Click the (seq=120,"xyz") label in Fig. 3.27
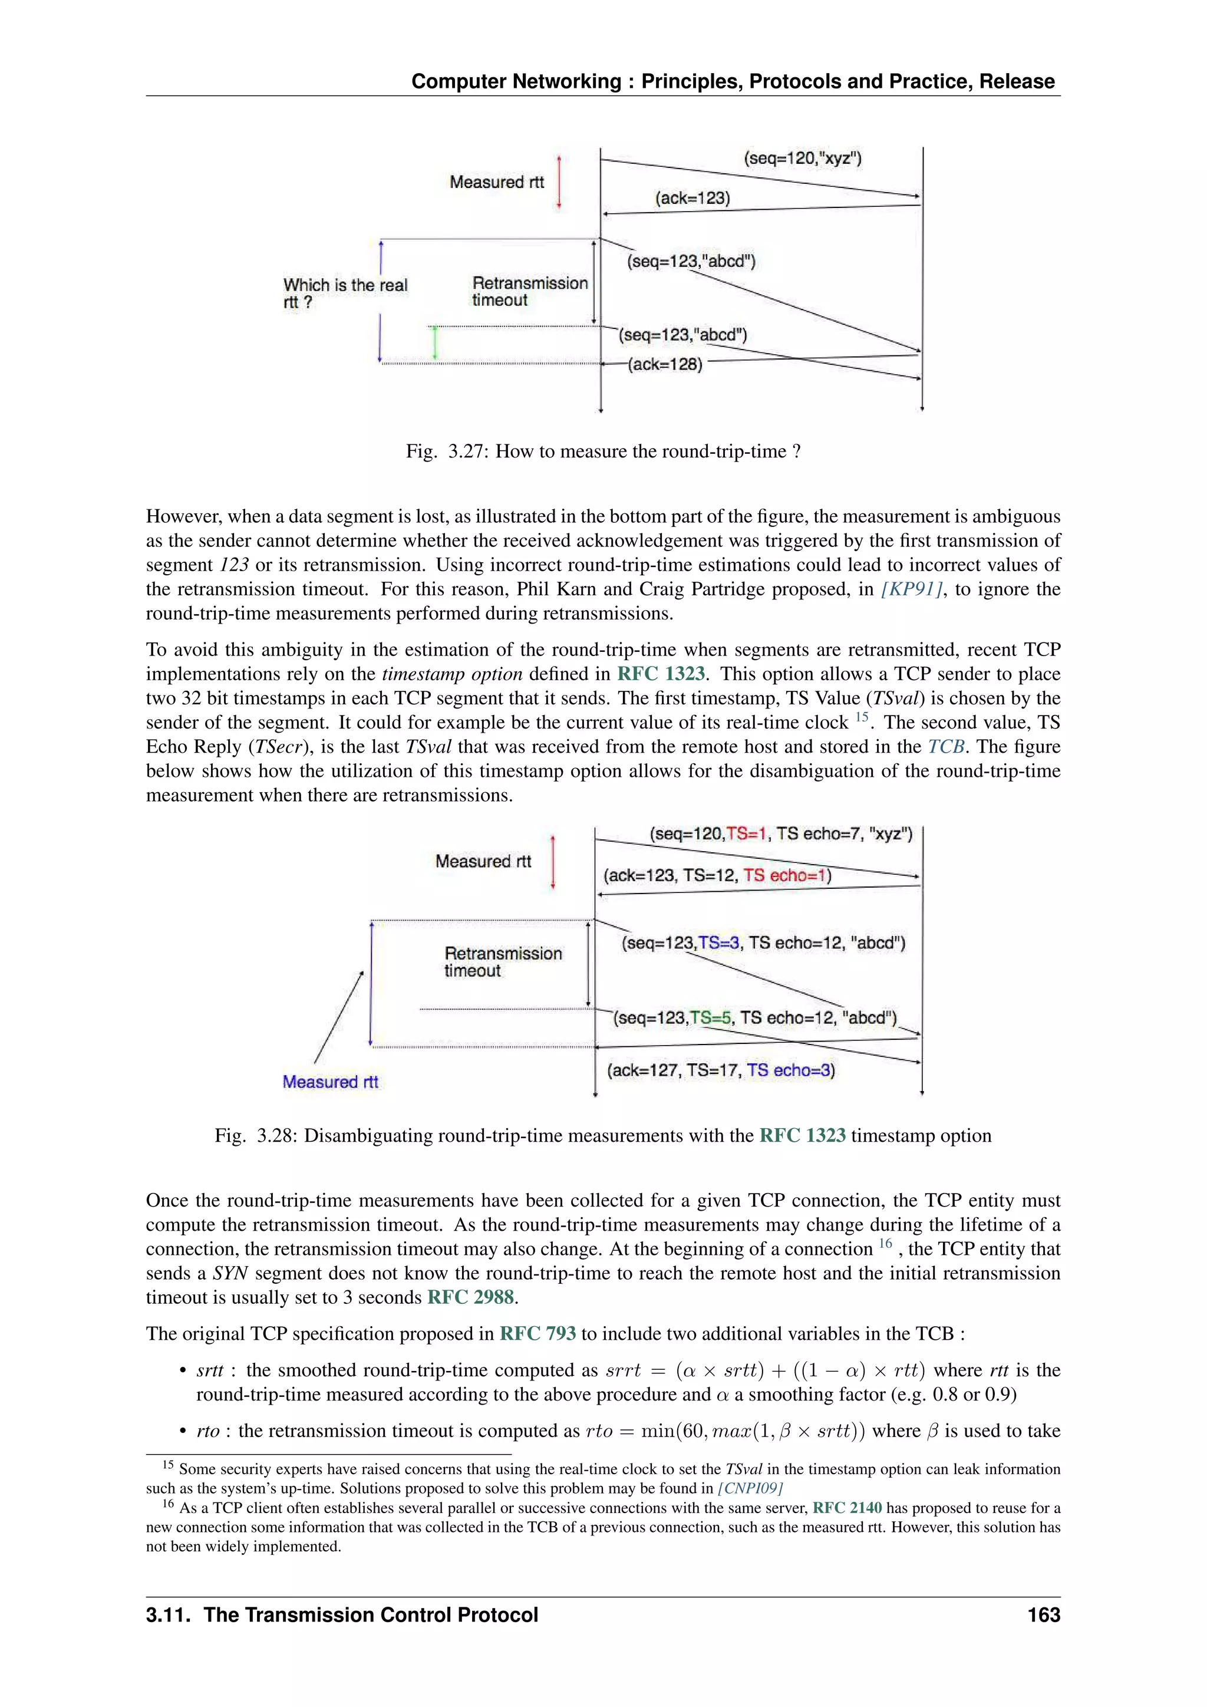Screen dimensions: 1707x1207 (802, 159)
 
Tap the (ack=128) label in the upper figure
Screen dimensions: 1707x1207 (665, 364)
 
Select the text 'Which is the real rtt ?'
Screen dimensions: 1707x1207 (345, 294)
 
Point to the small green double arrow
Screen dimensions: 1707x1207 (435, 344)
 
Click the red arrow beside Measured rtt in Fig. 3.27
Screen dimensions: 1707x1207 (559, 182)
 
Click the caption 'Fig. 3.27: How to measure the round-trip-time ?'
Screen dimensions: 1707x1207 (603, 452)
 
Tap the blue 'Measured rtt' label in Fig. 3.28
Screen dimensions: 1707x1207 (330, 1082)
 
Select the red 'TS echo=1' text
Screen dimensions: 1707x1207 (787, 875)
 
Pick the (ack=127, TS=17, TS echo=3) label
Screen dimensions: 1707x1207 (721, 1070)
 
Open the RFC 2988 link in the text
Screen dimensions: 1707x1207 (470, 1297)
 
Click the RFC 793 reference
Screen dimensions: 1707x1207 (537, 1334)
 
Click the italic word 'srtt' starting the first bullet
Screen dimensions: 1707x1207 (210, 1370)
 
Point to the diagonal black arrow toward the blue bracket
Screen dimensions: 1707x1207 (339, 1017)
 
